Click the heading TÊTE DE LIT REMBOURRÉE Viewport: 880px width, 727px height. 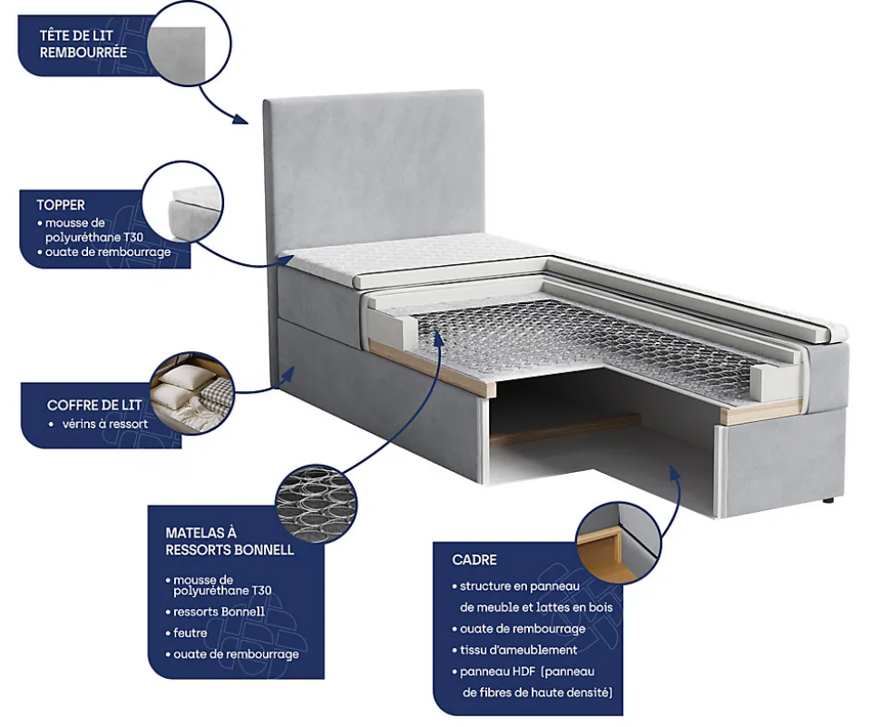83,44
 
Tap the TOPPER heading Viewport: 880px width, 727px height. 61,205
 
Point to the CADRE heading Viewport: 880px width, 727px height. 474,560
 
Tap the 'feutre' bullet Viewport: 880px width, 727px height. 191,633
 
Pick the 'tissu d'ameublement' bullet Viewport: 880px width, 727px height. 518,650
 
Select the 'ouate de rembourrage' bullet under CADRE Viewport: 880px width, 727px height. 522,629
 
